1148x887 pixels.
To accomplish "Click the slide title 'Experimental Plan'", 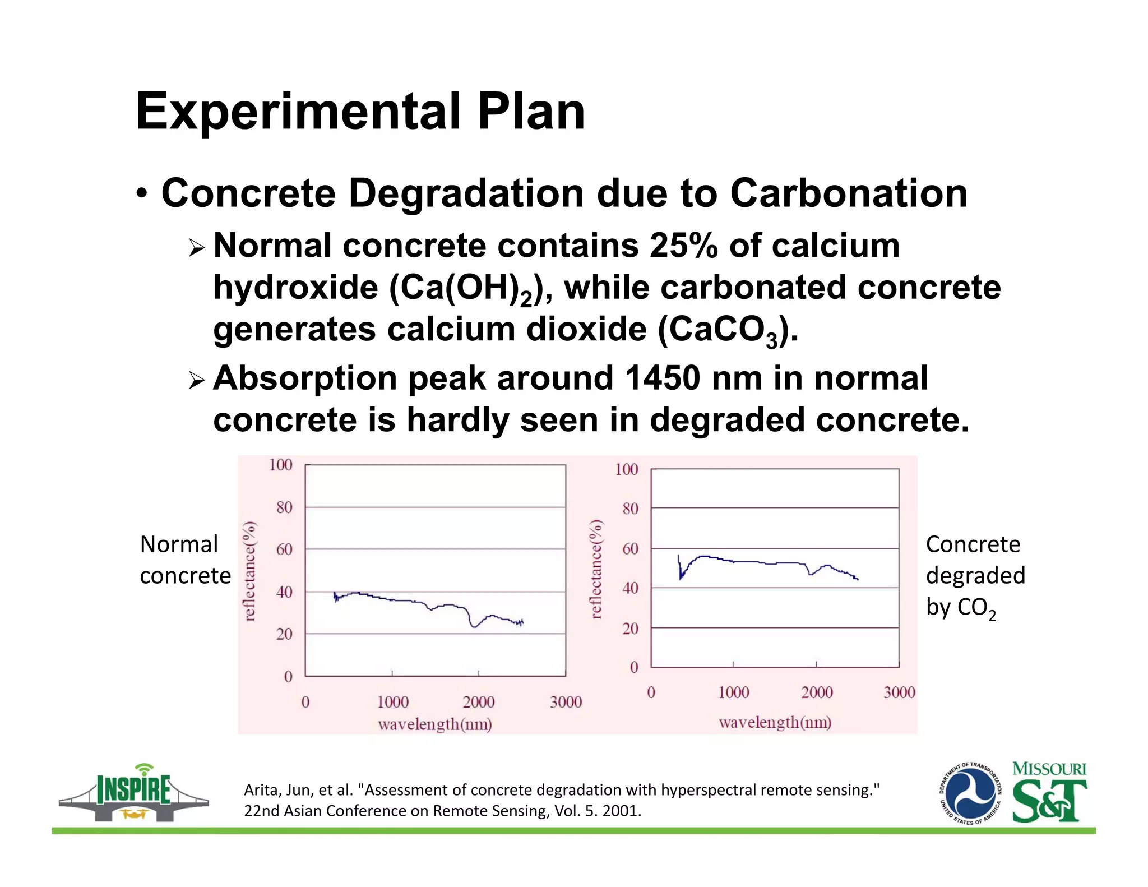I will coord(360,112).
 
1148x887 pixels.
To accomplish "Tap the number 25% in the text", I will coord(683,246).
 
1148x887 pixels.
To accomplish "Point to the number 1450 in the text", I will coord(662,378).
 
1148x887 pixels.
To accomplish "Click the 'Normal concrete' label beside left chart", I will coord(184,560).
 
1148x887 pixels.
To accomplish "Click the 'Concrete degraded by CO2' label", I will coord(975,576).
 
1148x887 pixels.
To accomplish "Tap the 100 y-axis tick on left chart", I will coord(280,465).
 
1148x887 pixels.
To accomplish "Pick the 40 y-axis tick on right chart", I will coord(630,588).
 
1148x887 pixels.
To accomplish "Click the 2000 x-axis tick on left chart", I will coord(478,701).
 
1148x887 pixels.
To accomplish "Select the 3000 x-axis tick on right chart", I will coord(899,692).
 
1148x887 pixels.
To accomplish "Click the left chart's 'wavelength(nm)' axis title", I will coord(434,724).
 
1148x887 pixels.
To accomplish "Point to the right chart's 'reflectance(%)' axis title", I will coord(596,569).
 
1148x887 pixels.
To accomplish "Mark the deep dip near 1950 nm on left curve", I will coord(475,625).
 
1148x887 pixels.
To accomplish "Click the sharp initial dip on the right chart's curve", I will coord(681,576).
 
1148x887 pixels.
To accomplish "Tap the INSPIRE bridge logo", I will coord(133,793).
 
